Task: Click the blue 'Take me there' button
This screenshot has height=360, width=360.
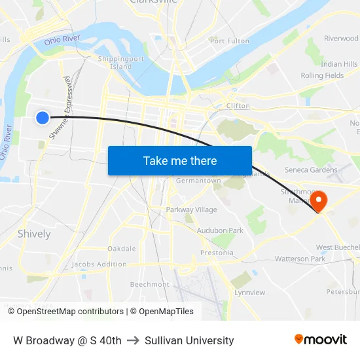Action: [180, 160]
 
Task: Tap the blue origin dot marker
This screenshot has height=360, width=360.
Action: [42, 118]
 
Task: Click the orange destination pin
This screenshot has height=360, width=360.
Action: [319, 200]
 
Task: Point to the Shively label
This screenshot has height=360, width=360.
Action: [34, 234]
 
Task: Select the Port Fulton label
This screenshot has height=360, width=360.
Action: [229, 41]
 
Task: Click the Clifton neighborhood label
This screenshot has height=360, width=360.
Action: [238, 105]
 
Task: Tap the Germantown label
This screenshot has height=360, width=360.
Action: [198, 181]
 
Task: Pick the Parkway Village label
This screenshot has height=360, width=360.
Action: [191, 209]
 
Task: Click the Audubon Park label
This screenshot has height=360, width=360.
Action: [220, 230]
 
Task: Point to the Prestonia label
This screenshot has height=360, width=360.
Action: [217, 253]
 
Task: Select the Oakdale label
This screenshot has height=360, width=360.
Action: [121, 249]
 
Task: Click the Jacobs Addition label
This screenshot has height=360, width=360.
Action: [99, 264]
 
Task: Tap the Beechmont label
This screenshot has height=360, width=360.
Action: [149, 285]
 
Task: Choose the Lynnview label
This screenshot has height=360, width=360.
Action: [249, 293]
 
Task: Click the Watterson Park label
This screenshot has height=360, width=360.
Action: [300, 259]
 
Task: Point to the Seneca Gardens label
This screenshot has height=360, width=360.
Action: [311, 170]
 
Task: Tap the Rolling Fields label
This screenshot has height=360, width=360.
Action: [321, 76]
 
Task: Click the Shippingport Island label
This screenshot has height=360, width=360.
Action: [120, 63]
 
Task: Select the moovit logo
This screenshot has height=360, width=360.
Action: [320, 340]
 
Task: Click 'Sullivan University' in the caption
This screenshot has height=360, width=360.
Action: [189, 340]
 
